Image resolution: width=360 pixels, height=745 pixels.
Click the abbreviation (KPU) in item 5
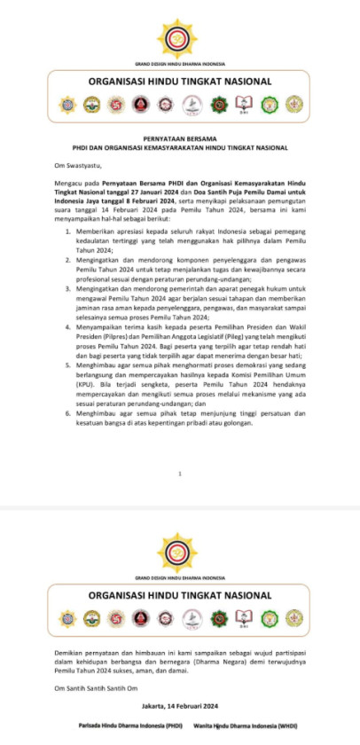(86, 385)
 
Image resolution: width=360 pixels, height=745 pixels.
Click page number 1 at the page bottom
(180, 474)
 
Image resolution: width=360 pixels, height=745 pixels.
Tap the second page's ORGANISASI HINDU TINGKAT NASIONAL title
(180, 594)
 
